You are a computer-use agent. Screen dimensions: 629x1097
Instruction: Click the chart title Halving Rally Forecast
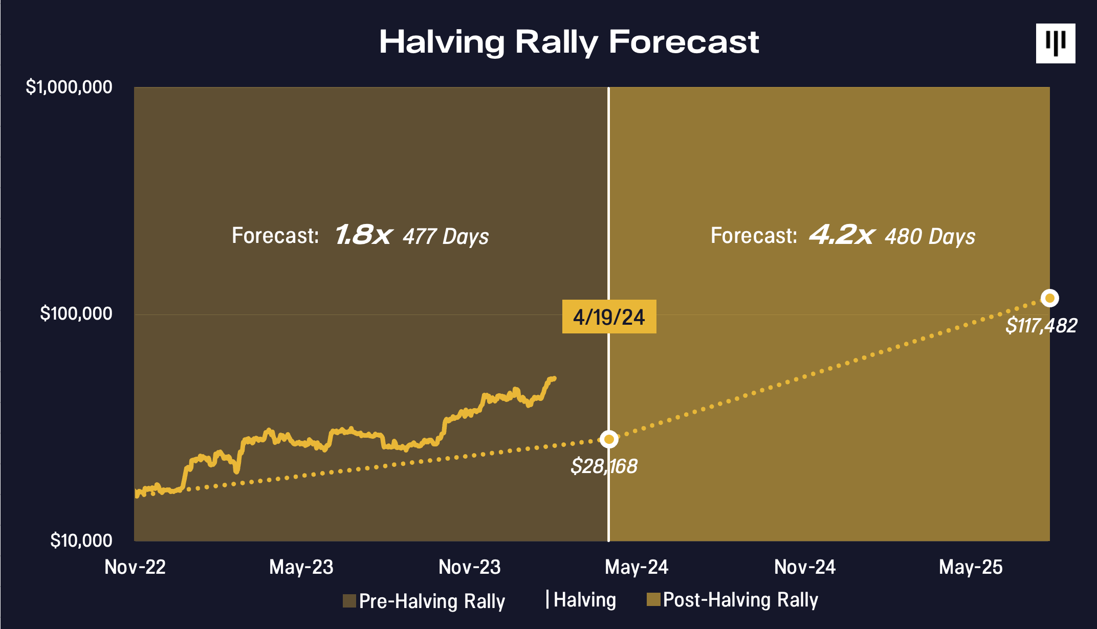click(568, 42)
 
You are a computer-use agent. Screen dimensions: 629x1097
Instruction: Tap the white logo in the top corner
click(1055, 43)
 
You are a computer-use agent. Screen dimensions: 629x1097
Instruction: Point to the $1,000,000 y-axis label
click(69, 87)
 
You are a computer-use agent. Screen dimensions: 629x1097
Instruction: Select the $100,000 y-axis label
click(76, 313)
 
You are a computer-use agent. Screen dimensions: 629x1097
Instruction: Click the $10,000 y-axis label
click(81, 541)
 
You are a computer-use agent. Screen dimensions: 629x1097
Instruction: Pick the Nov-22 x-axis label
click(135, 567)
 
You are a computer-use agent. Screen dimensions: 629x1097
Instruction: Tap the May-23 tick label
click(301, 567)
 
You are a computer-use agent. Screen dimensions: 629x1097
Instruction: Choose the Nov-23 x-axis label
click(469, 567)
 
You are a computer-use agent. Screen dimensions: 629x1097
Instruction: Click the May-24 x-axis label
click(637, 567)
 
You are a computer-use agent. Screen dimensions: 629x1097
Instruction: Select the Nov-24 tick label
click(804, 567)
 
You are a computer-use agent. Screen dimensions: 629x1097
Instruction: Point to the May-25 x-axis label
click(971, 567)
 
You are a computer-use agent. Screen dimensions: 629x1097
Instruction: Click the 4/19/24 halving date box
click(609, 317)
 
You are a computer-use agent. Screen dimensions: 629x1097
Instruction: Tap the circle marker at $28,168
click(609, 439)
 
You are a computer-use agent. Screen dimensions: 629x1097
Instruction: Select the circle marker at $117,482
click(1049, 298)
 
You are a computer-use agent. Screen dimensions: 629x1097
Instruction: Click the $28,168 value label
click(604, 466)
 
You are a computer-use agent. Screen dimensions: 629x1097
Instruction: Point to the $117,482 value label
click(1041, 326)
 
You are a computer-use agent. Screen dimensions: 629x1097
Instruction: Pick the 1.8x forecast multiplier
click(363, 235)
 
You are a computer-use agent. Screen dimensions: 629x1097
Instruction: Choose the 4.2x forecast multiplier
click(841, 235)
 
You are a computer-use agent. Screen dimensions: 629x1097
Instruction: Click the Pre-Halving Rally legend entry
click(424, 601)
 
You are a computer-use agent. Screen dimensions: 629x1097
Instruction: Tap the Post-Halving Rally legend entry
click(733, 600)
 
